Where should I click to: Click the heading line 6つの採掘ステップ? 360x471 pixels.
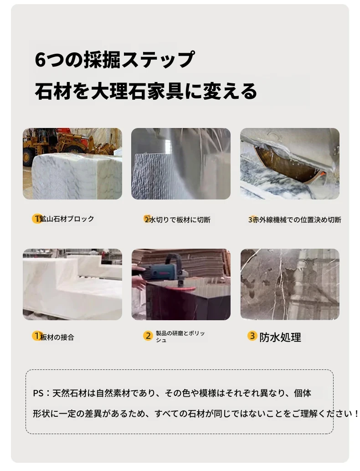114,60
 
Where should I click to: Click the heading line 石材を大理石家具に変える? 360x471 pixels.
146,91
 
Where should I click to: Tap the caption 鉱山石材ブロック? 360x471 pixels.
67,219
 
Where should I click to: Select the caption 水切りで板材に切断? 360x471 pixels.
180,220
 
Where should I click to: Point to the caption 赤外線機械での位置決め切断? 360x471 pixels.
297,220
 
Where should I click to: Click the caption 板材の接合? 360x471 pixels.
57,337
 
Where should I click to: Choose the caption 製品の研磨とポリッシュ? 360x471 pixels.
180,337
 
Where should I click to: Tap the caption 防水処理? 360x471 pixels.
280,338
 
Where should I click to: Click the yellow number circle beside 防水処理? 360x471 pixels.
252,336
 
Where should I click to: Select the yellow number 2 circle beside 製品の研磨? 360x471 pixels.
148,336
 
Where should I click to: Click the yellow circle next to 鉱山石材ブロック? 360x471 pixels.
36,218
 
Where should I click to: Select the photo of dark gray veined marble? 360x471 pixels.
290,284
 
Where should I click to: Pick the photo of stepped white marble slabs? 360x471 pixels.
72,284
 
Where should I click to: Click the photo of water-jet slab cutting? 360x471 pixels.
181,164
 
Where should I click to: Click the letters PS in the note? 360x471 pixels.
38,393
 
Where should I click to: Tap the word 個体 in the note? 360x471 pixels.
302,393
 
